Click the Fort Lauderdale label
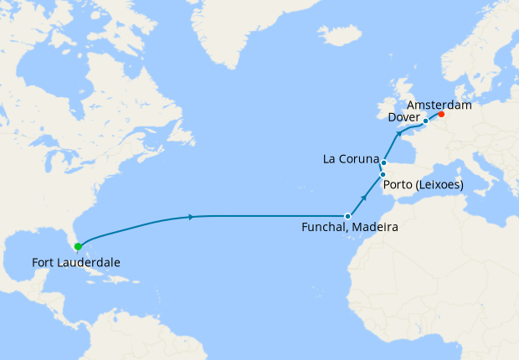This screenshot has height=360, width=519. [x=76, y=263]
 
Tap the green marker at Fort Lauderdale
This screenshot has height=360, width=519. [x=78, y=246]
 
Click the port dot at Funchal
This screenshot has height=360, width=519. [x=347, y=216]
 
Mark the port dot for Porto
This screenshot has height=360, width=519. [x=383, y=174]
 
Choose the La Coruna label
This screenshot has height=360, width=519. [x=351, y=159]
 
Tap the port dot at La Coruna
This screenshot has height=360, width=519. [x=383, y=162]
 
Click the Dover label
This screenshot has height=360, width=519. [x=404, y=118]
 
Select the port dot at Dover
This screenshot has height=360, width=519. [x=425, y=121]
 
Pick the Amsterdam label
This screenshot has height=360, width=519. [x=439, y=105]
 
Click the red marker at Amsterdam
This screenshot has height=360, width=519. [x=441, y=115]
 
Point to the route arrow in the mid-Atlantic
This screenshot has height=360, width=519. [x=193, y=218]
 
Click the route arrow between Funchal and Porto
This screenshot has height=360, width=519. [x=364, y=198]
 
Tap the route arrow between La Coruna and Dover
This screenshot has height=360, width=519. [x=398, y=134]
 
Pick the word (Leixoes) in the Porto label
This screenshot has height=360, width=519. [x=439, y=184]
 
